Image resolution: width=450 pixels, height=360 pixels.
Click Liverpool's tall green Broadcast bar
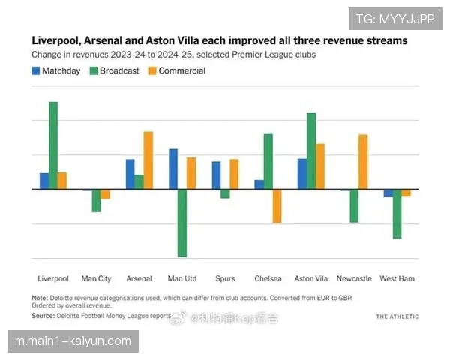pos(53,145)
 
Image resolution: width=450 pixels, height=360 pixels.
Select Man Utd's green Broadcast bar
pos(182,223)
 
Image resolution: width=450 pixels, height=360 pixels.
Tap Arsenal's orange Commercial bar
pos(148,160)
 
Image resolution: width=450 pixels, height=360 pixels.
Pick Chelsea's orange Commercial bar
pos(277,206)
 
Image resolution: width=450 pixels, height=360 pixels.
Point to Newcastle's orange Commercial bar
pos(363,162)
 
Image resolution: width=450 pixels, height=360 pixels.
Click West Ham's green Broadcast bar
pos(397,214)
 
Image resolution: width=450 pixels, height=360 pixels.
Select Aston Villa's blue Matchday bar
pos(302,174)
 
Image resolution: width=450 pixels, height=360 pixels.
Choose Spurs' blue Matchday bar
pos(217,175)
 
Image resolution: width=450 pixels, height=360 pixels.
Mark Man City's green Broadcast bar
pos(96,201)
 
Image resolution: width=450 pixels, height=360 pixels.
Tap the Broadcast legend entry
pos(114,71)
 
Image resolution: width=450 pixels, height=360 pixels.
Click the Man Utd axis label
pos(182,279)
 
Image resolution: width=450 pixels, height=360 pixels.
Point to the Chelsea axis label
pos(268,279)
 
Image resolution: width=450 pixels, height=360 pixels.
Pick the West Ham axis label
pos(397,279)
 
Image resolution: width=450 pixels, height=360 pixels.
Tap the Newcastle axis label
pos(354,279)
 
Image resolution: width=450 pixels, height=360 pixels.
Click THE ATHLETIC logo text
pos(397,317)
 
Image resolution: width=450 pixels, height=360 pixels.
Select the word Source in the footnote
pos(43,316)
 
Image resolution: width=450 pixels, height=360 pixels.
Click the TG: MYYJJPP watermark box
pos(395,18)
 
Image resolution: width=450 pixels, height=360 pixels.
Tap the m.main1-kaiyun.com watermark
pos(73,342)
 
